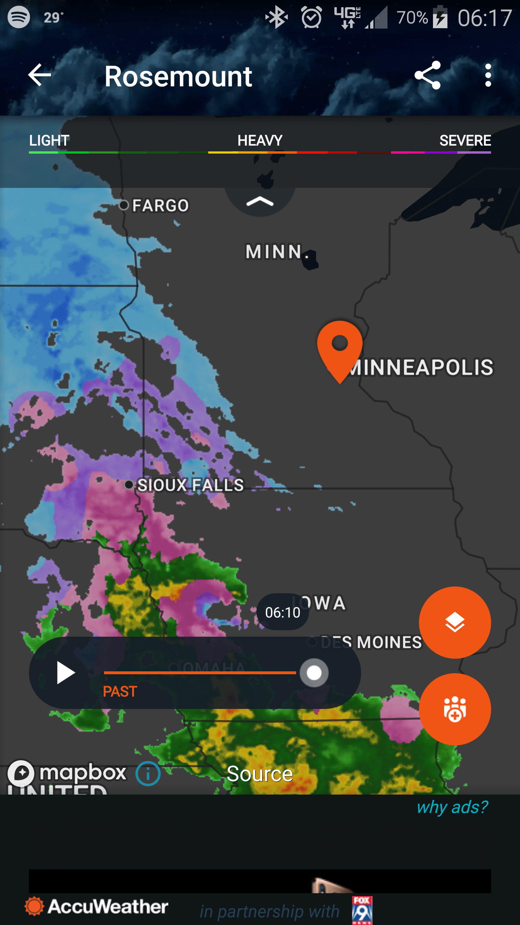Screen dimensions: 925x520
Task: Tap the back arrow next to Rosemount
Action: (x=39, y=75)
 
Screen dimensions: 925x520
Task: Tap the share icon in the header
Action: (x=428, y=75)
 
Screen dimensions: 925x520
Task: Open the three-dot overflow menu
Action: (x=488, y=75)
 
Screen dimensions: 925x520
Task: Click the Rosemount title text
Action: (x=178, y=77)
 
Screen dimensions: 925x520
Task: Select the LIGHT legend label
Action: (x=49, y=141)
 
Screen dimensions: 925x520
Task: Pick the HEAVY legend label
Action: (x=260, y=141)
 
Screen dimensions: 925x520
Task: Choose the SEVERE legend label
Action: (x=465, y=141)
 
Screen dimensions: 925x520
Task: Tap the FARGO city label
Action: (x=160, y=206)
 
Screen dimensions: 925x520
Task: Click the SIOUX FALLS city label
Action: (x=190, y=485)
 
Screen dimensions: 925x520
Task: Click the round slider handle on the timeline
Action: (x=314, y=673)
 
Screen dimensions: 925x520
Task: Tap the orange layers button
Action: (x=455, y=622)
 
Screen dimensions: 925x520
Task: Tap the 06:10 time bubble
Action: (x=282, y=612)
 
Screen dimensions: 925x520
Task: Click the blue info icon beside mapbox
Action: (x=148, y=774)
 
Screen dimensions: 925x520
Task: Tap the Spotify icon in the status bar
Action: (x=19, y=17)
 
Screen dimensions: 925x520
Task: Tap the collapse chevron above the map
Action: (x=260, y=202)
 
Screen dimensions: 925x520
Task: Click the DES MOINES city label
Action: (x=371, y=642)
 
